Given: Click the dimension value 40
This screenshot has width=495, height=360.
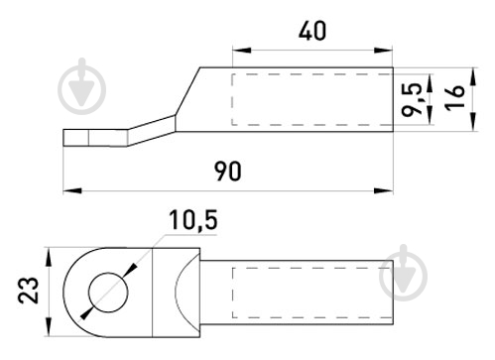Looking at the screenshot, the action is (x=312, y=31).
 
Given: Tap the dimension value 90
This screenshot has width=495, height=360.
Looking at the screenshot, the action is (x=228, y=171).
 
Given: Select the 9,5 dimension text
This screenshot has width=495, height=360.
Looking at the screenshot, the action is (x=412, y=99).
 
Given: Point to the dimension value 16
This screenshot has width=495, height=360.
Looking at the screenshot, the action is (x=454, y=98).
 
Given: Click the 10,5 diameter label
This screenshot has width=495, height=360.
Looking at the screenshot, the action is (x=193, y=220).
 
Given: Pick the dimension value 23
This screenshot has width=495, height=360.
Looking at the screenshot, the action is (x=28, y=290).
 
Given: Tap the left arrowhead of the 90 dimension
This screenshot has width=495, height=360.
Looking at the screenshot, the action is (x=72, y=190).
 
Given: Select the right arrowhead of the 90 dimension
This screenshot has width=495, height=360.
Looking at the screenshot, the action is (x=384, y=190).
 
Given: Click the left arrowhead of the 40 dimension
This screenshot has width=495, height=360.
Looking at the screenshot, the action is (x=242, y=51).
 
